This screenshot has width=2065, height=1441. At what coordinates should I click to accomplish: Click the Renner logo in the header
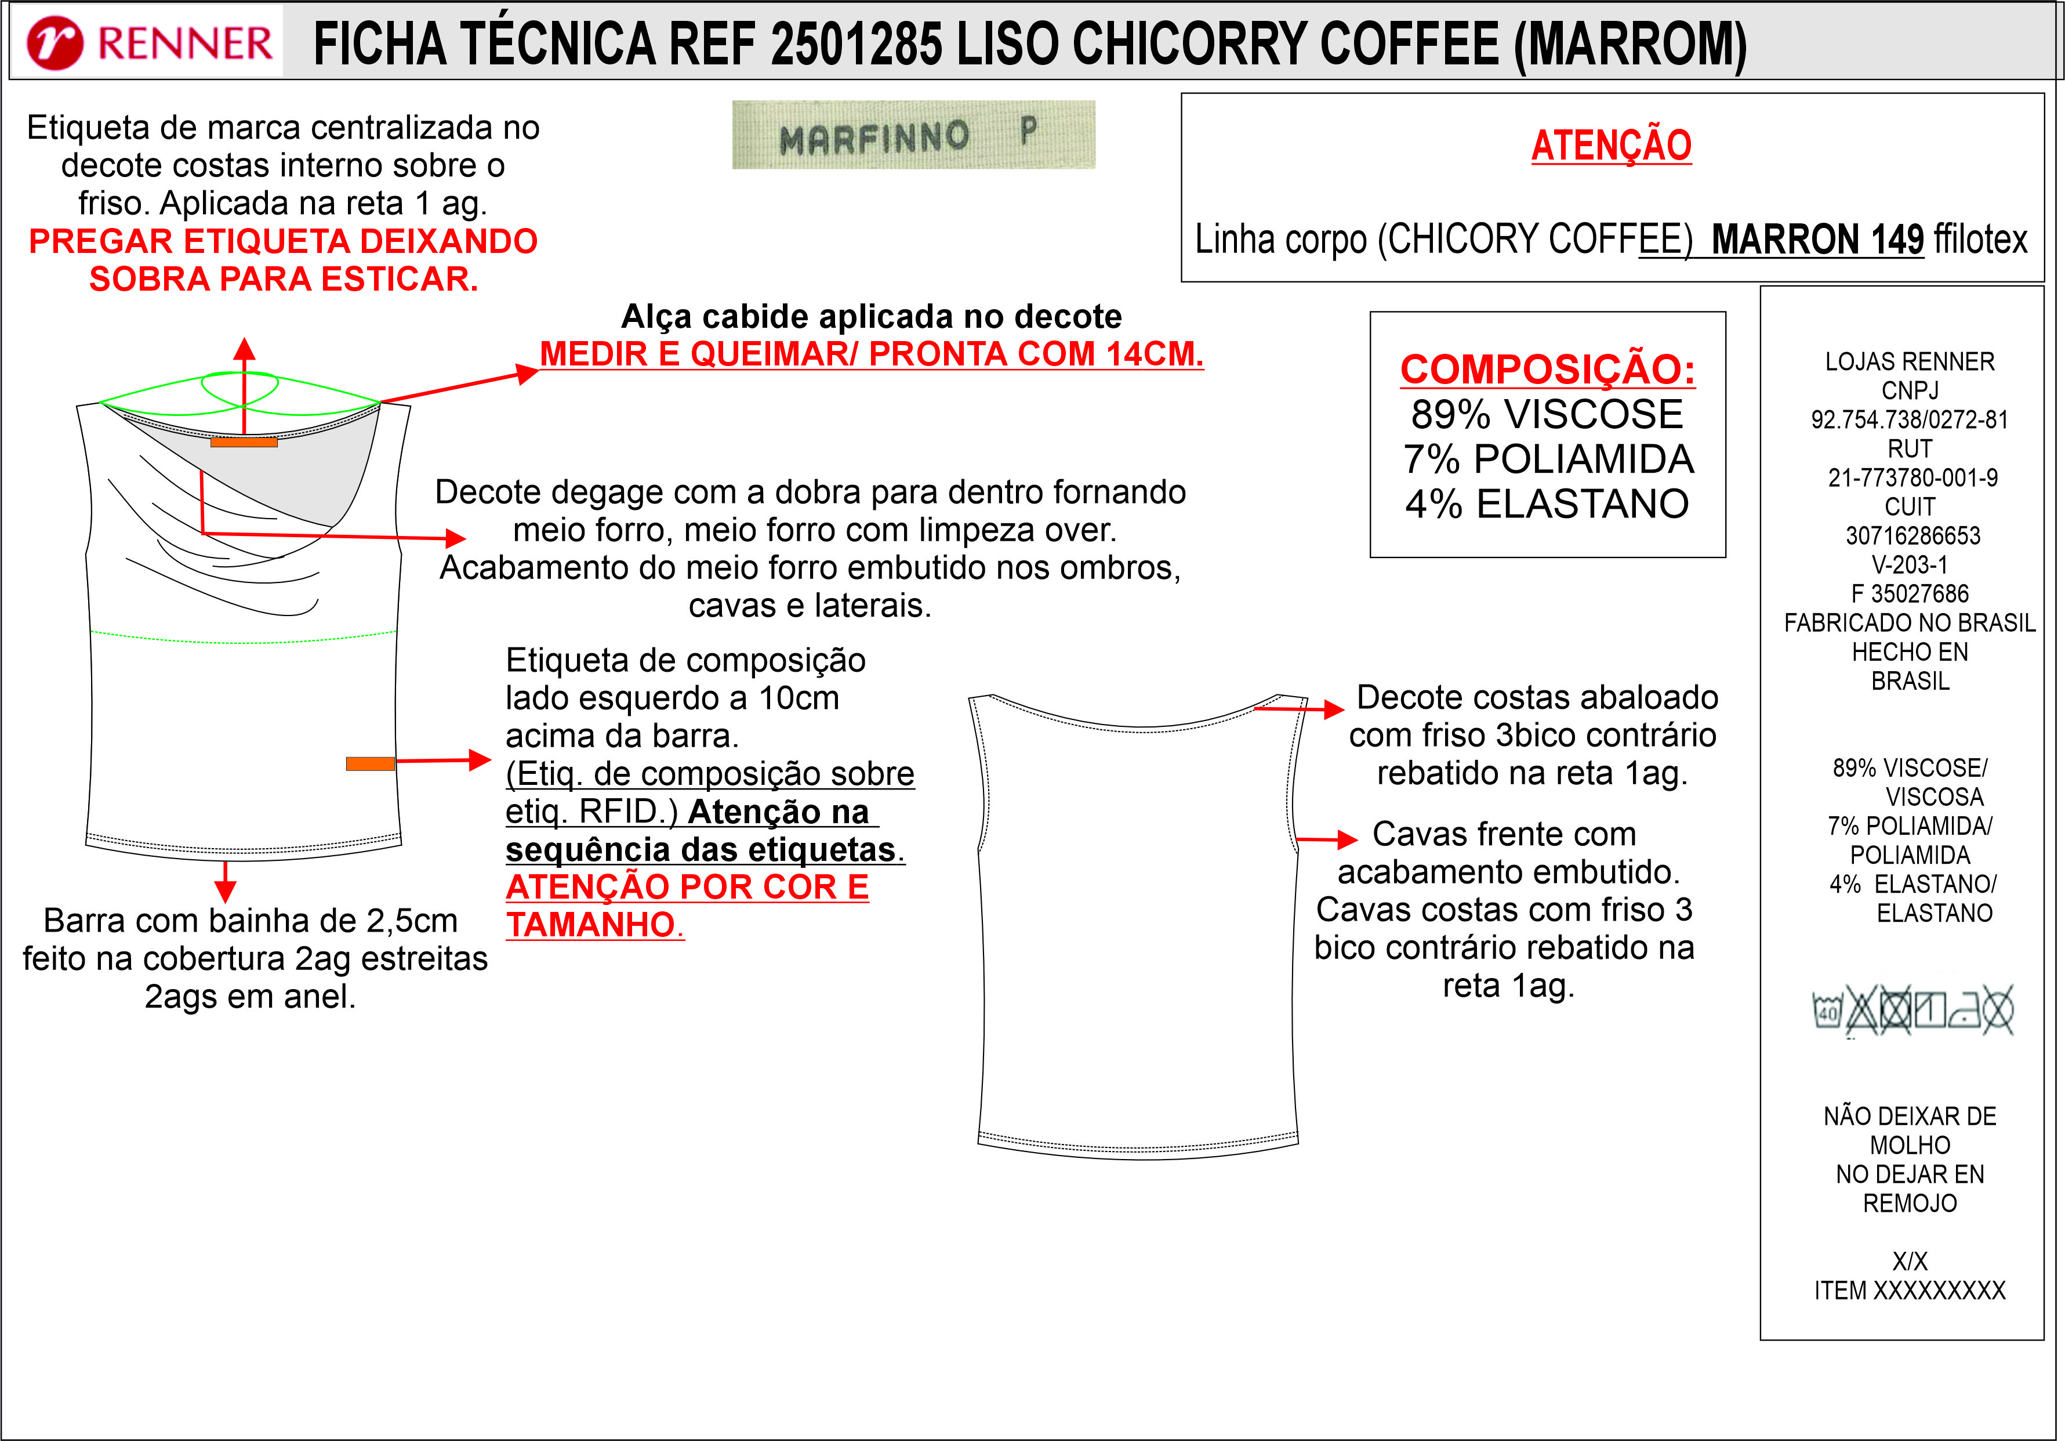(x=149, y=42)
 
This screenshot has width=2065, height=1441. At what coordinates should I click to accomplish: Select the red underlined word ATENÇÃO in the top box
(x=1611, y=146)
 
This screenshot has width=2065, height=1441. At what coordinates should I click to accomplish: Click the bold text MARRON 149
(x=1817, y=239)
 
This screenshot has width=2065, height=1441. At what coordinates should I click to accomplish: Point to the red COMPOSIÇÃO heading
(x=1547, y=369)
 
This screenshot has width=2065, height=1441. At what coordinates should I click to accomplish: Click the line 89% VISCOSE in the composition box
(x=1547, y=414)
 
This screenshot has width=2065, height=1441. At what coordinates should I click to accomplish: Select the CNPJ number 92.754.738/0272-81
(x=1910, y=420)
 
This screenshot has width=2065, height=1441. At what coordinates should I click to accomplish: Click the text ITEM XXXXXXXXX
(x=1910, y=1291)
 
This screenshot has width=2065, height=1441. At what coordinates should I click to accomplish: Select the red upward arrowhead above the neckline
(x=244, y=349)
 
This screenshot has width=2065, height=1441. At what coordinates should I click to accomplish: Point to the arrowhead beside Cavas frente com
(x=1347, y=840)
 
